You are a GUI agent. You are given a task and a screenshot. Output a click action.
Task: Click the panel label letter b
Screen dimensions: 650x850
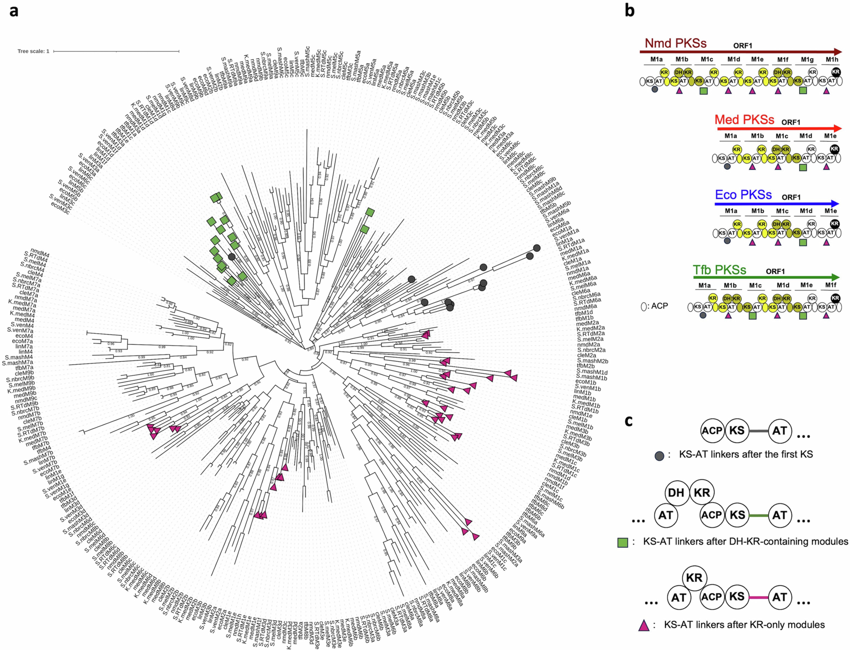(x=630, y=11)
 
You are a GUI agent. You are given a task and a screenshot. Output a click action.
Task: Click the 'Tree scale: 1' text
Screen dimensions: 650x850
(x=33, y=51)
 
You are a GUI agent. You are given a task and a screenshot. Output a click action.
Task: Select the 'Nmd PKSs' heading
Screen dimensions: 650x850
(x=676, y=43)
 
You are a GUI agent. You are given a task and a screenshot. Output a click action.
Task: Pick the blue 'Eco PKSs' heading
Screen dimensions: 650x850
(x=743, y=195)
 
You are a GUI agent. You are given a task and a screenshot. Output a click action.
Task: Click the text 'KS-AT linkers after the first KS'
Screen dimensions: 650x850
(x=746, y=454)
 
